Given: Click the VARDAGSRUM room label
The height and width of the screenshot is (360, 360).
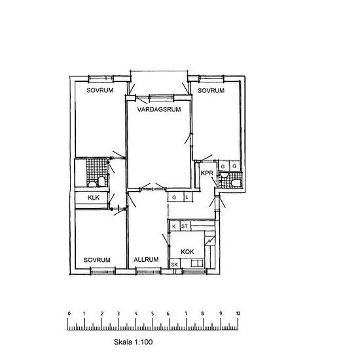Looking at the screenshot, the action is point(159,109).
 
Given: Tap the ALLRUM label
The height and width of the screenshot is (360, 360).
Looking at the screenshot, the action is point(146,260).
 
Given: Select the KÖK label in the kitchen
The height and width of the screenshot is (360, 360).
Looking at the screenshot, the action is point(187,251).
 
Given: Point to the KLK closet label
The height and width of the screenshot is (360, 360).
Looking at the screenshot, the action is point(94,198).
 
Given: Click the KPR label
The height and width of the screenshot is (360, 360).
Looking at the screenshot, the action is point(207,173).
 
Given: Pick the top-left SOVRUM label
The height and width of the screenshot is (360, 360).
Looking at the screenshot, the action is point(100,90).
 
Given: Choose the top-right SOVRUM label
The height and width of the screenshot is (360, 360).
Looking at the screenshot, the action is point(211,90).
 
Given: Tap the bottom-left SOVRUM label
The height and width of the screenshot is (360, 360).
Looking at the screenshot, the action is point(97,260).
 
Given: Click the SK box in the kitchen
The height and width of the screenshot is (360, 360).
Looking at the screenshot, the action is point(175,264).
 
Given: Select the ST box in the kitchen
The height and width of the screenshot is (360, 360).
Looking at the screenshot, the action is point(185,226).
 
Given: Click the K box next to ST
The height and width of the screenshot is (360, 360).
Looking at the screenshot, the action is point(174,226).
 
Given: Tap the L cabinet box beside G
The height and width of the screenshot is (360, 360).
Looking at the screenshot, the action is point(187,197).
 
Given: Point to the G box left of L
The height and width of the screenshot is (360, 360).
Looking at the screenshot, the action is point(175,197).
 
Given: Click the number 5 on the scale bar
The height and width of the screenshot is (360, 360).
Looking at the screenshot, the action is point(153,314).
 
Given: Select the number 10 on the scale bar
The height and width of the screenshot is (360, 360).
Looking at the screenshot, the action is point(238,314).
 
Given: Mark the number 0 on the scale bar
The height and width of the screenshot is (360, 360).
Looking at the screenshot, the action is point(69,314).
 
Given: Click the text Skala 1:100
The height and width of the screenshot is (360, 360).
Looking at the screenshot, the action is point(133,342).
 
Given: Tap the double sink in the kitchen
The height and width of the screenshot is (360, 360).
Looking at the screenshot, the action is point(197,263).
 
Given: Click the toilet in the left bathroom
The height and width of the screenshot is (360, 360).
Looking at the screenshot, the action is point(101,181).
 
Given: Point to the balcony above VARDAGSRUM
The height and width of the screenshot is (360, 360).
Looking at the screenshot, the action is point(159,82).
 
